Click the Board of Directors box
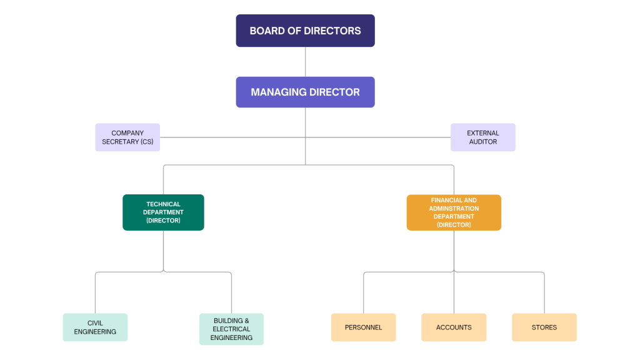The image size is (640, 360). [305, 31]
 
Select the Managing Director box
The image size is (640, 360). [305, 92]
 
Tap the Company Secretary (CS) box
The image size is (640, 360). [127, 137]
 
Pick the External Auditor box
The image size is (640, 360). [483, 137]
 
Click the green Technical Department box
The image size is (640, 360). [163, 212]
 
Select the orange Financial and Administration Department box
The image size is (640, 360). [454, 212]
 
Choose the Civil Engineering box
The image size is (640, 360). [95, 327]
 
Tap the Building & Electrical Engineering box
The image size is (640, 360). [231, 329]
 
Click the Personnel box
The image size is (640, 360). [363, 327]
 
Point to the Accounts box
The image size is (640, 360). [454, 327]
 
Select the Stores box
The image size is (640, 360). [544, 327]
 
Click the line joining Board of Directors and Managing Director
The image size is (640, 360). [305, 62]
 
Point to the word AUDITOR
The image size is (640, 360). [483, 142]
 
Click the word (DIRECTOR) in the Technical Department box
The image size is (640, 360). [163, 221]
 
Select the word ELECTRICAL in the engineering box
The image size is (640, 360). [231, 329]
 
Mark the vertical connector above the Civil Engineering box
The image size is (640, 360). [95, 292]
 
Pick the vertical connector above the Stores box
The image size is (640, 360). [544, 292]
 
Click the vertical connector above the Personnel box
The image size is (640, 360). [363, 292]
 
